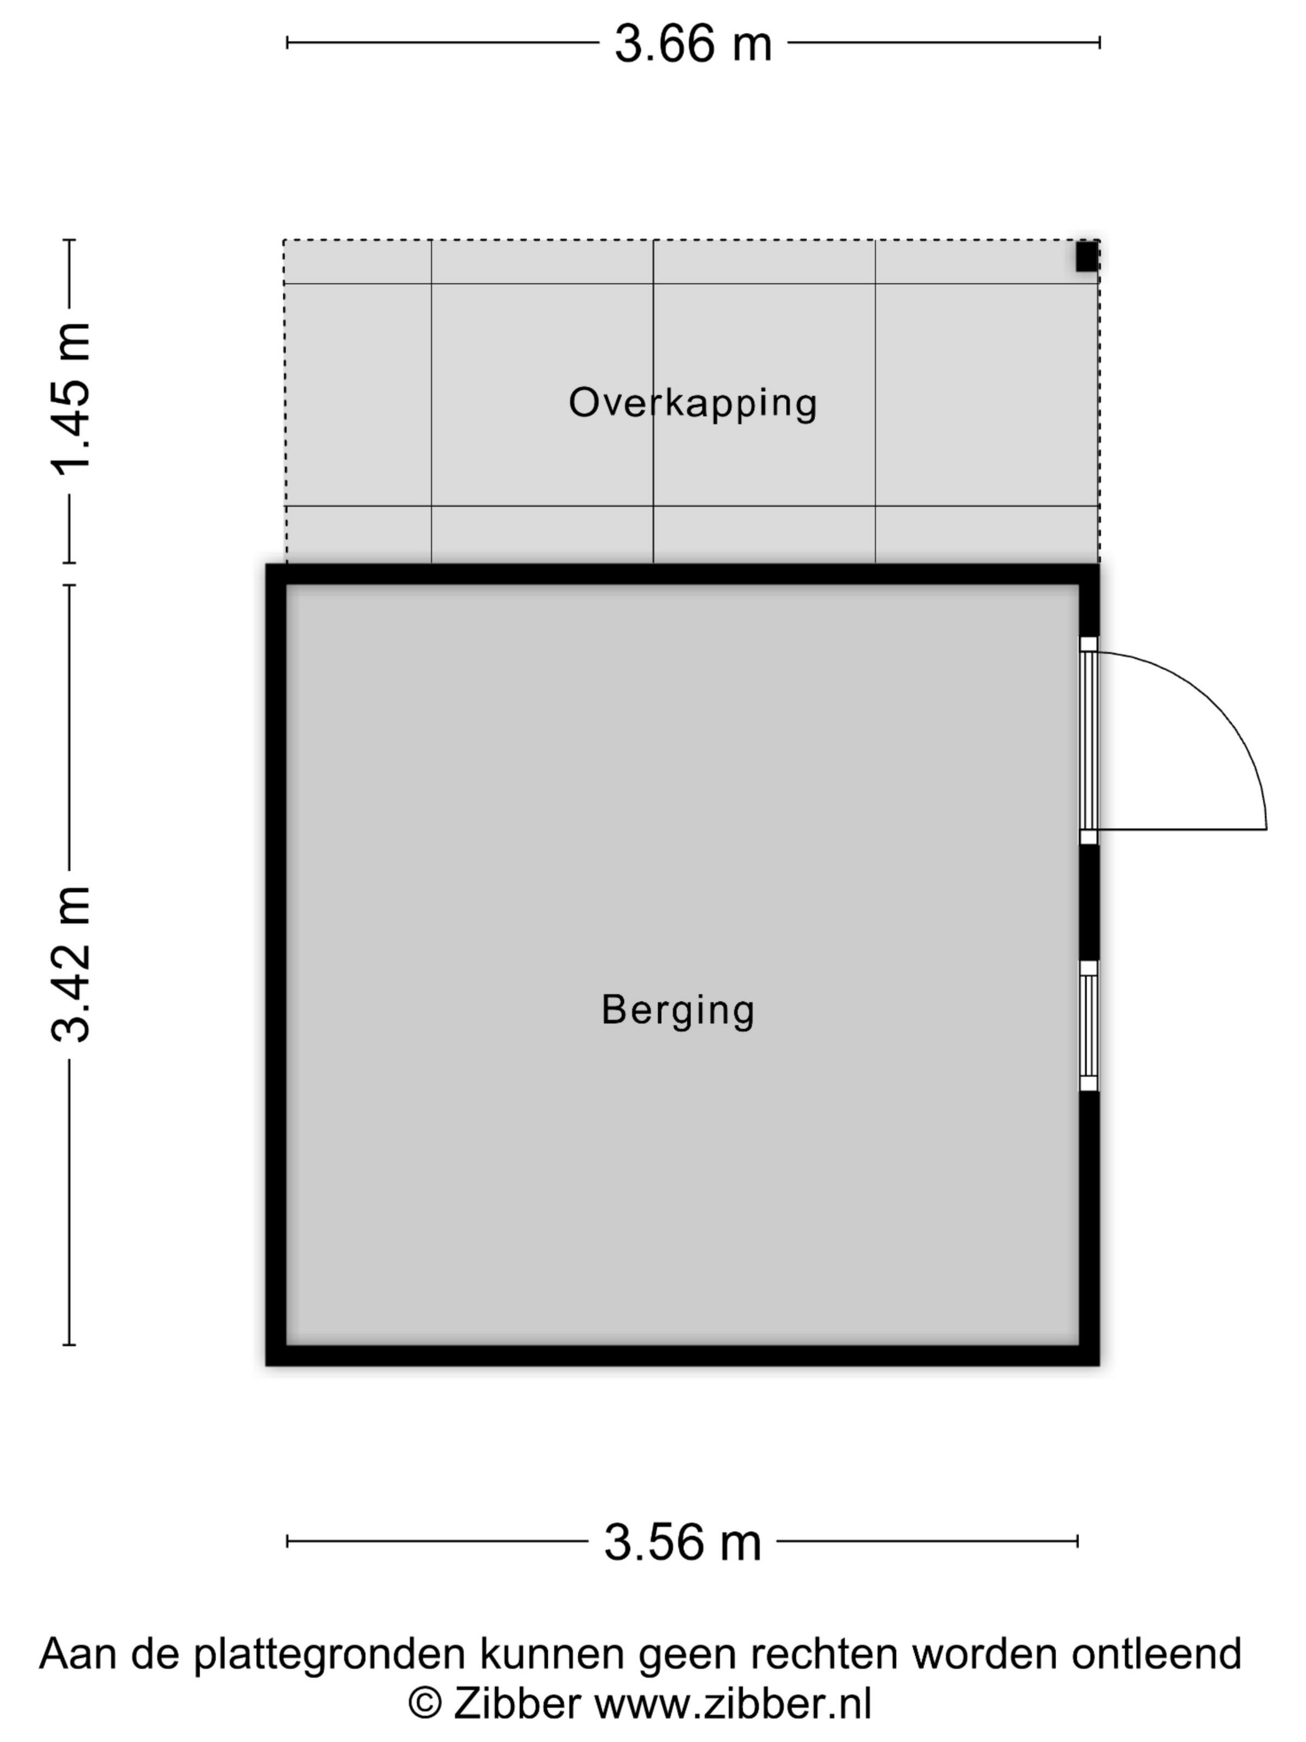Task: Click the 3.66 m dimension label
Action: [693, 44]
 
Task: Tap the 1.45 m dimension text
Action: [71, 399]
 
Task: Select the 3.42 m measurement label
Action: [71, 965]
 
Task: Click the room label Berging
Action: [678, 1010]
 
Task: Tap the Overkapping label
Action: [693, 403]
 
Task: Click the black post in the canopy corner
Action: [1087, 257]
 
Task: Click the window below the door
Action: [1089, 1025]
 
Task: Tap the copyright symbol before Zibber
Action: [425, 1703]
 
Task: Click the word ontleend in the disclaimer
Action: [1156, 1654]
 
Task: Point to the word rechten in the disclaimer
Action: [823, 1654]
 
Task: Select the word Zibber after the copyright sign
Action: [517, 1703]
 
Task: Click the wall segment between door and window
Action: [1089, 903]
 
